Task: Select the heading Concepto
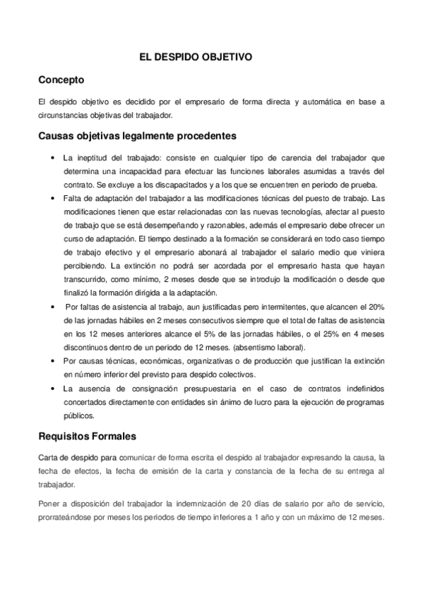click(61, 80)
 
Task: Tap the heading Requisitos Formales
click(88, 437)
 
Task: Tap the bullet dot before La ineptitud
click(54, 157)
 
